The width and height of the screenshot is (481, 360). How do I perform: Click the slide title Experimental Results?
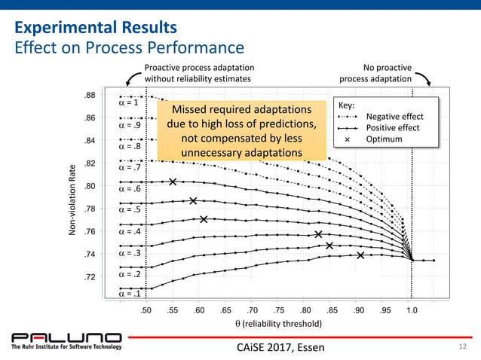click(96, 29)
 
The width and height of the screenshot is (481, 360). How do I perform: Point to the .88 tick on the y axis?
click(89, 95)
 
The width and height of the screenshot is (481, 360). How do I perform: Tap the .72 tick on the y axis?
click(89, 277)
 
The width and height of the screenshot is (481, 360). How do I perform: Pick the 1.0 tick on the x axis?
click(412, 310)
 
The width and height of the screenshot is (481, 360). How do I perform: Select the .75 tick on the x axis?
click(279, 310)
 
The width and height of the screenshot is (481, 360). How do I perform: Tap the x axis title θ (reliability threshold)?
click(279, 324)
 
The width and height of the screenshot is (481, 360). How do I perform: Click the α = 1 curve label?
click(130, 103)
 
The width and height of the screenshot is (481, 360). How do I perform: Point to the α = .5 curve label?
click(130, 209)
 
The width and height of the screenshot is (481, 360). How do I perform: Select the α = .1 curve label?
click(130, 294)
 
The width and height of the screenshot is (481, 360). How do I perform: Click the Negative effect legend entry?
click(393, 117)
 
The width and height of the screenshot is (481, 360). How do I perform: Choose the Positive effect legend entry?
click(393, 128)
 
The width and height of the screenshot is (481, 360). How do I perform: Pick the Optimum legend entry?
click(384, 139)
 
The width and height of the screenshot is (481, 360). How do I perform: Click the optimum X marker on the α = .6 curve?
click(173, 182)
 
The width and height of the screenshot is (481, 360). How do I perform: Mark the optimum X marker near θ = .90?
click(361, 255)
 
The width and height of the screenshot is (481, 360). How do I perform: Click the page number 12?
click(463, 346)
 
